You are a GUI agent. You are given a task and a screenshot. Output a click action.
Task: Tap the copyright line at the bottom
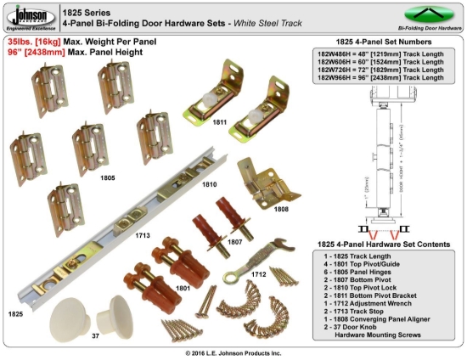coord(233,352)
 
